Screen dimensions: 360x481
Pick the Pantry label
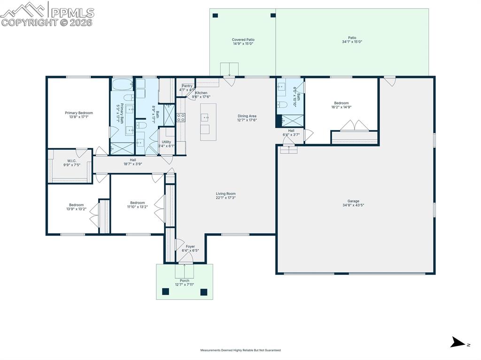(x=187, y=86)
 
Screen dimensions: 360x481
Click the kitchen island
(x=208, y=122)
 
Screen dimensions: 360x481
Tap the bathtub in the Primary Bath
(x=122, y=84)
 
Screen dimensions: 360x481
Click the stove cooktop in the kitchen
(x=181, y=118)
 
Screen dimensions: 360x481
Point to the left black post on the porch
(x=166, y=291)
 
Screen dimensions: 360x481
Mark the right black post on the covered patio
(x=273, y=15)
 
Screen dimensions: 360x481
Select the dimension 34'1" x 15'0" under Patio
(x=352, y=42)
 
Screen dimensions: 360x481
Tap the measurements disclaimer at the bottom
(x=240, y=350)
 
